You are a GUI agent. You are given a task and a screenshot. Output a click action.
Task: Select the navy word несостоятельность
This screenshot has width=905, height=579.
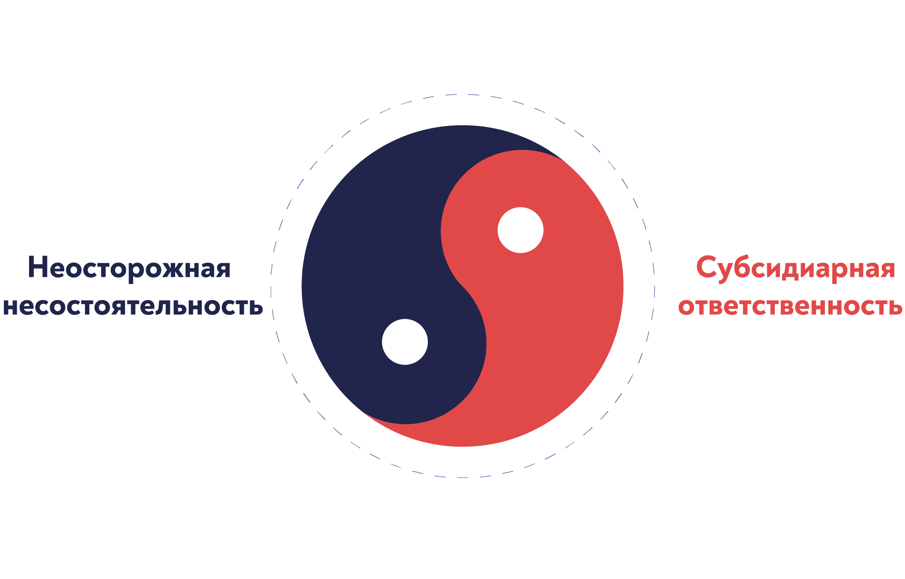(132, 306)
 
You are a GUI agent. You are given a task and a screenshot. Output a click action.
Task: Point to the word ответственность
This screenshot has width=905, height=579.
(790, 306)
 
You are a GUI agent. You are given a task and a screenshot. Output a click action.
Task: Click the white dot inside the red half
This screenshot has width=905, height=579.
(520, 230)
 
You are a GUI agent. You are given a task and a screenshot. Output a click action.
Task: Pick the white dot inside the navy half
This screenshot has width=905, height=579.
(405, 342)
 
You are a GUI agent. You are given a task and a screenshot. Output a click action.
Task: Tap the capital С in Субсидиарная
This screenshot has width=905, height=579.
(706, 267)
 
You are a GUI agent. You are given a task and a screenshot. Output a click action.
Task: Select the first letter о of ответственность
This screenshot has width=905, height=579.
(686, 307)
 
